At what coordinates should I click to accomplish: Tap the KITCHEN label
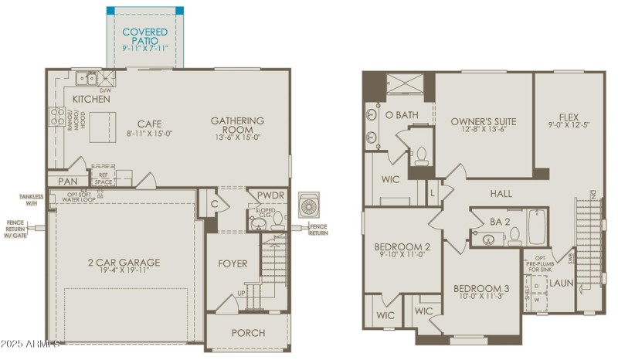tap(91, 100)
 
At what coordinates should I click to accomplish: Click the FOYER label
tap(233, 263)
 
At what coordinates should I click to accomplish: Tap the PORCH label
tap(248, 333)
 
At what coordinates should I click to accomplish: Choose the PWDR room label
tap(271, 195)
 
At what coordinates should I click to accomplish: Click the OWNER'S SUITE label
tap(484, 121)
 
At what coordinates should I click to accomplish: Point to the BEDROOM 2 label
tap(402, 247)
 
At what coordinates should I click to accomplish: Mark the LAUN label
tap(561, 284)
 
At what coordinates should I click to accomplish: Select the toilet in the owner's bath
tap(422, 158)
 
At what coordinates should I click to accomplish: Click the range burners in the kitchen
tap(57, 116)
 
